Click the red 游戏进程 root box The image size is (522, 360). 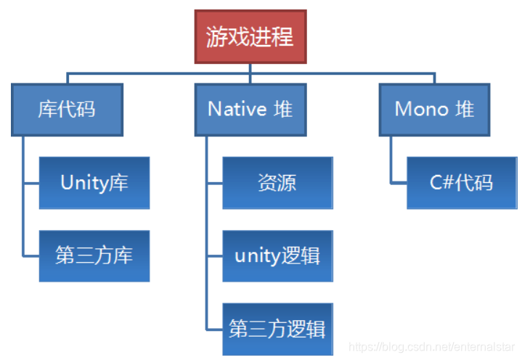250,36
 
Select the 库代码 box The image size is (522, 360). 67,110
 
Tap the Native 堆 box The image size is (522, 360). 250,110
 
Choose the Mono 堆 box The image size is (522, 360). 434,110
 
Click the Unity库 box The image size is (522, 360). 94,183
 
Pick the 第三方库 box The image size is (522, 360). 94,256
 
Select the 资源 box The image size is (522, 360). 277,183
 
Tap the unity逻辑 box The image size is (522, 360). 277,256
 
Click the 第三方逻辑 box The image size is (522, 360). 277,329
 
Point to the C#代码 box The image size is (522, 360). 462,183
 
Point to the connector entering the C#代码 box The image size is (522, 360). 399,183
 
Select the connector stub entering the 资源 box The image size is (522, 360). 214,183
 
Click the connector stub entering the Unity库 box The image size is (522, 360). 31,183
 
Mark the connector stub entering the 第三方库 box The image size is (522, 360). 31,256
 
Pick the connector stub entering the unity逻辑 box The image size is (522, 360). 214,256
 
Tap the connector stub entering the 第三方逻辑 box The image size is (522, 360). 214,329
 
